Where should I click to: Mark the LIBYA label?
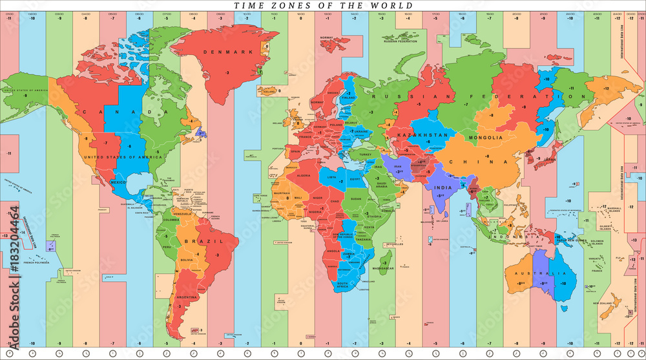[333, 177]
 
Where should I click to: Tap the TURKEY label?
[366, 155]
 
